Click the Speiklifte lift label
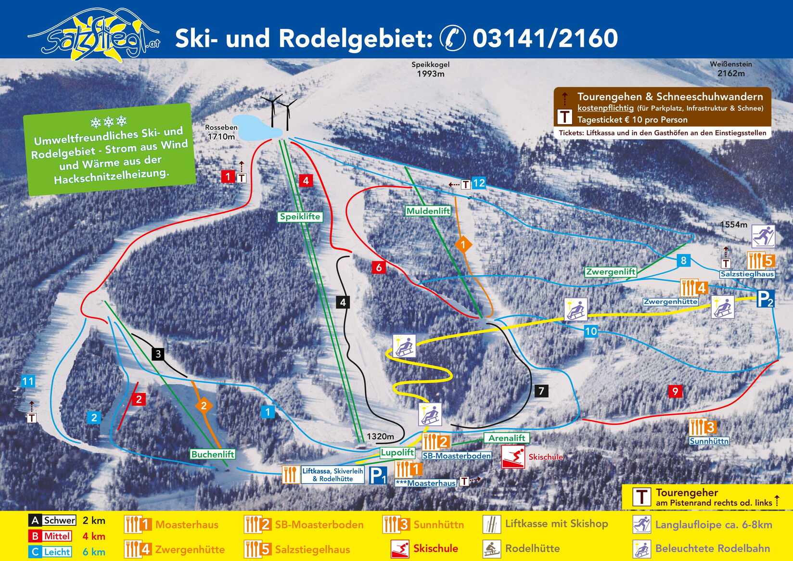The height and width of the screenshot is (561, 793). pyautogui.click(x=300, y=217)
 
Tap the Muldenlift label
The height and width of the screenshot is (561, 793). pyautogui.click(x=428, y=211)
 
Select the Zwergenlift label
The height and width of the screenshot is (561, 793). pyautogui.click(x=611, y=271)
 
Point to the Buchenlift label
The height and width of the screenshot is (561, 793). pyautogui.click(x=213, y=454)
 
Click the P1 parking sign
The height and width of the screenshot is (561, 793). pyautogui.click(x=378, y=476)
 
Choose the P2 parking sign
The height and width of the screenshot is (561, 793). pyautogui.click(x=765, y=299)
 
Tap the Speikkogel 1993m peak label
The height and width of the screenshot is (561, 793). pyautogui.click(x=430, y=69)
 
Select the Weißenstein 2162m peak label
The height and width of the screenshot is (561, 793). pyautogui.click(x=730, y=69)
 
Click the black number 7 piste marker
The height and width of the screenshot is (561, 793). pyautogui.click(x=541, y=391)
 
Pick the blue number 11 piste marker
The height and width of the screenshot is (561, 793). pyautogui.click(x=28, y=382)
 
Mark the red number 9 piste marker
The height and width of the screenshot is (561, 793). pyautogui.click(x=675, y=391)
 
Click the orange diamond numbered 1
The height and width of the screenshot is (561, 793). pyautogui.click(x=463, y=245)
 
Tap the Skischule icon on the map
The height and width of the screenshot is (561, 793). pyautogui.click(x=513, y=457)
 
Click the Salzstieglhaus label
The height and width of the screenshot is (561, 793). pyautogui.click(x=747, y=274)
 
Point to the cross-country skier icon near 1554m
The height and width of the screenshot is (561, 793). pyautogui.click(x=763, y=236)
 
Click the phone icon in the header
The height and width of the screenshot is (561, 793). pyautogui.click(x=453, y=38)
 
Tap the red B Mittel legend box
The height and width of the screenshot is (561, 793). pyautogui.click(x=51, y=536)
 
